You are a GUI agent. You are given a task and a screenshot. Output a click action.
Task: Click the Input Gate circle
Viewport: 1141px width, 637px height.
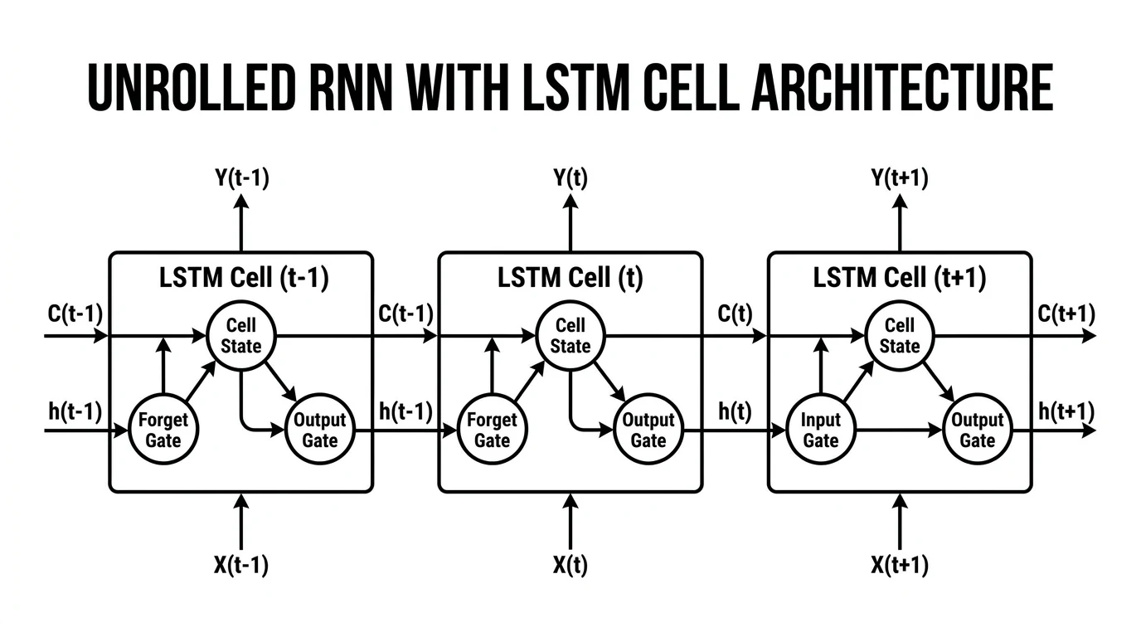(820, 430)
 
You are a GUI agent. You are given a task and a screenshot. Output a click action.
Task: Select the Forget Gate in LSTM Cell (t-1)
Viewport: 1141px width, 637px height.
(163, 430)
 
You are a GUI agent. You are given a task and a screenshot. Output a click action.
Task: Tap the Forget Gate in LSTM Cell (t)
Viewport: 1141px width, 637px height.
(492, 430)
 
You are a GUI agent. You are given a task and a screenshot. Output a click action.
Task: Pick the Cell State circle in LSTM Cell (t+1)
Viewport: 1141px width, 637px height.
(900, 336)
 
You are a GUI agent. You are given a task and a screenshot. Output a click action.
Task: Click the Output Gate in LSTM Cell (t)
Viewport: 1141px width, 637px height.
(648, 430)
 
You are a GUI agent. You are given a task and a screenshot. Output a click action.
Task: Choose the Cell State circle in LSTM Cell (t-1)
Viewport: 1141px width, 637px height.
(241, 336)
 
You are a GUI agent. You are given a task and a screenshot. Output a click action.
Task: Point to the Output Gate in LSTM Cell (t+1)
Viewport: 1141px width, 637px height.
(978, 430)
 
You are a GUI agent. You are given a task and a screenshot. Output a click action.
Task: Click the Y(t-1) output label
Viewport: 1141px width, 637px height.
(241, 178)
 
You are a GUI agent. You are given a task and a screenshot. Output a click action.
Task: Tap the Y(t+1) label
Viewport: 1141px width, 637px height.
(900, 178)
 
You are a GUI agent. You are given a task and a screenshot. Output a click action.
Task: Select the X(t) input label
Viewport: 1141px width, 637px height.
(570, 566)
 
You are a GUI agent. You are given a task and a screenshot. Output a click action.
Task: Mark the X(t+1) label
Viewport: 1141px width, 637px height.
(900, 566)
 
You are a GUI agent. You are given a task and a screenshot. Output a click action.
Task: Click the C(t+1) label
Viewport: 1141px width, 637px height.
(1066, 314)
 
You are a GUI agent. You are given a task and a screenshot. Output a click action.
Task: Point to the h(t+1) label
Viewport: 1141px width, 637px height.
(1066, 411)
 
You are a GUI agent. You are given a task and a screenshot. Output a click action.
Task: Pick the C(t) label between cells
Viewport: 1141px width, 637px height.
(735, 314)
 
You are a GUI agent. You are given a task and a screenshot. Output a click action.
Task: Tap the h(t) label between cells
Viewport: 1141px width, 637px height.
(735, 411)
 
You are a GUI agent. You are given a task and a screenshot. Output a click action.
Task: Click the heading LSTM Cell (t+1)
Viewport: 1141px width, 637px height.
(900, 278)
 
